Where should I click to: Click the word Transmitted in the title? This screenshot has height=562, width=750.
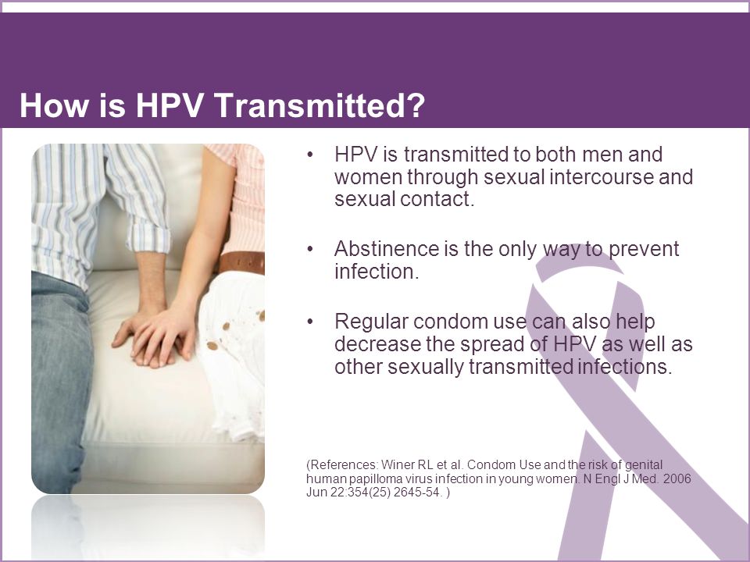[x=307, y=105]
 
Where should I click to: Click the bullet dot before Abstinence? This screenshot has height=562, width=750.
[x=310, y=250]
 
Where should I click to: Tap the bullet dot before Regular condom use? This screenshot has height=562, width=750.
[x=310, y=322]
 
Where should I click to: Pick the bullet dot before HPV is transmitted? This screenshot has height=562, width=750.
[x=310, y=155]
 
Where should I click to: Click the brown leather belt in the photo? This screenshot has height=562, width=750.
[x=242, y=262]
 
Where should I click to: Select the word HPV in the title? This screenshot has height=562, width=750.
[x=170, y=105]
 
